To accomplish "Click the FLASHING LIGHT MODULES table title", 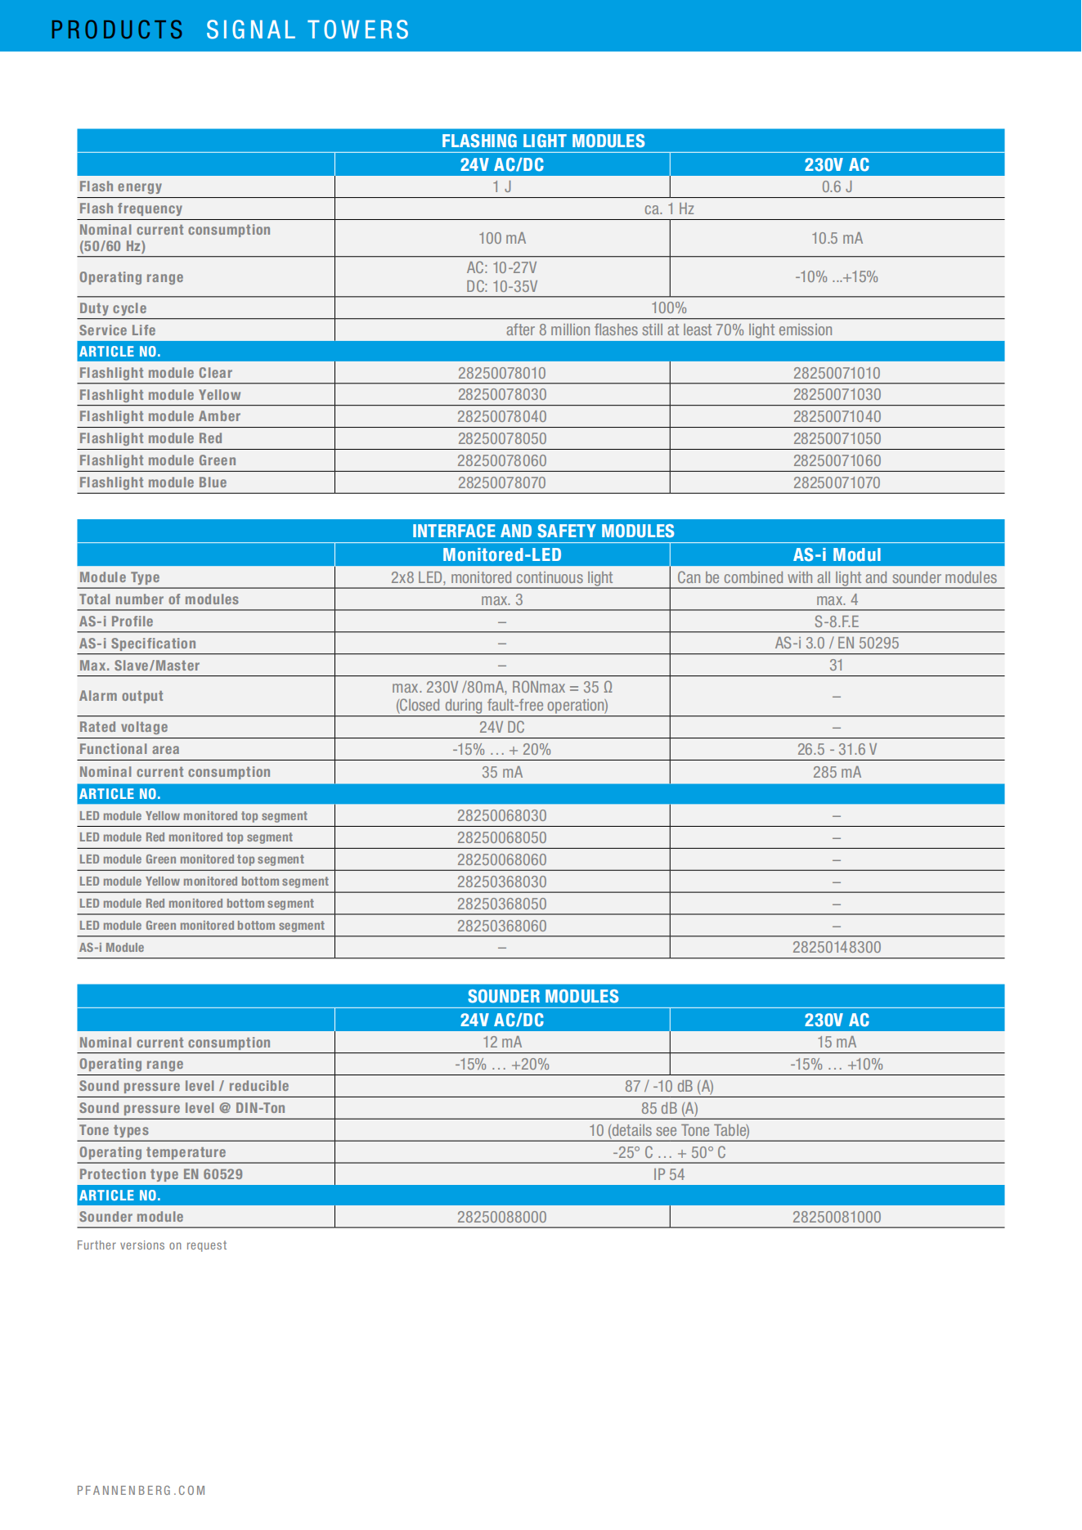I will coord(543,141).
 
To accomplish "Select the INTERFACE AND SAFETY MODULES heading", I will coord(543,531).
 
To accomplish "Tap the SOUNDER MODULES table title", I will coord(543,996).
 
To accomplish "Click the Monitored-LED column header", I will coord(501,554).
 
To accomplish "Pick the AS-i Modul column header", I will coord(837,554).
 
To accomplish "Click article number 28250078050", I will coord(501,438).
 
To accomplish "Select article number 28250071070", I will coord(837,482).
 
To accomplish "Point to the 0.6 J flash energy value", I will coord(837,186).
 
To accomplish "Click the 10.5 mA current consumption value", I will coord(837,238).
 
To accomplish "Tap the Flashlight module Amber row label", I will coord(159,416).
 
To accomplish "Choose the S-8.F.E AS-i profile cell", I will coord(837,621).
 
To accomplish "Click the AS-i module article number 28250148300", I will coord(837,947).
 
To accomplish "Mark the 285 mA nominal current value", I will coord(837,772).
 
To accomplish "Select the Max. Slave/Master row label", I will coord(139,666).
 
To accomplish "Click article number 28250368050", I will coord(501,904).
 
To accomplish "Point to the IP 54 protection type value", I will coord(669,1174).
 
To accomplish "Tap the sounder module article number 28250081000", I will coord(837,1217).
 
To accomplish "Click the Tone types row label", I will coord(114,1130).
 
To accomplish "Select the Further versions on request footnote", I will coord(152,1245).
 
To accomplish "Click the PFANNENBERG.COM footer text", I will coord(141,1490).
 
